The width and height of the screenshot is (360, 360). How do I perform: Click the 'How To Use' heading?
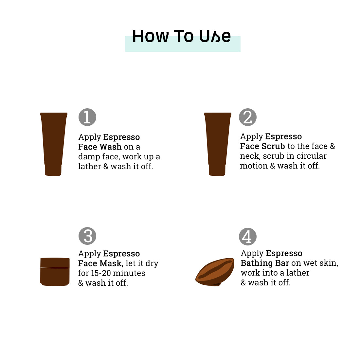181,36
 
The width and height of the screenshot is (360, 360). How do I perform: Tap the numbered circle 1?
87,117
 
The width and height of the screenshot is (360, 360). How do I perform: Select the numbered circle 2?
248,117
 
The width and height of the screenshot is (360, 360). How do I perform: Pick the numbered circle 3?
87,236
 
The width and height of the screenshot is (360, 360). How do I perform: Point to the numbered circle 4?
248,237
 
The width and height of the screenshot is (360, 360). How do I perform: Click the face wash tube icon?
54,144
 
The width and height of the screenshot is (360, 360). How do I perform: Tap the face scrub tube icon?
218,144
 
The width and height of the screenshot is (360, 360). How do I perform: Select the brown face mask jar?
55,272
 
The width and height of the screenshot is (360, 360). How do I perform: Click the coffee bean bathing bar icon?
215,272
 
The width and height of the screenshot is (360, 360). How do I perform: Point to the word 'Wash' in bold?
111,147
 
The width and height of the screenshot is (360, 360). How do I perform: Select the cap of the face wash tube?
53,171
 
